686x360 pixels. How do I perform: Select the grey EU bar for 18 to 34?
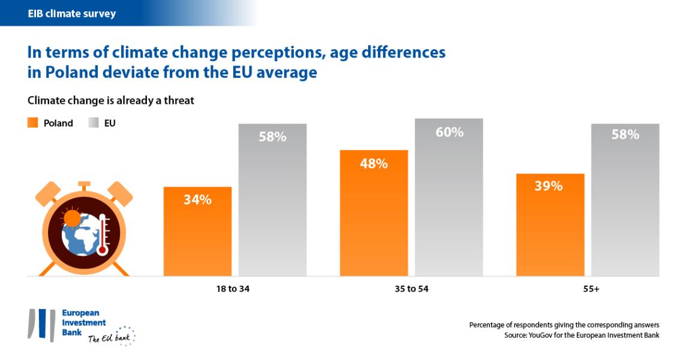(272, 204)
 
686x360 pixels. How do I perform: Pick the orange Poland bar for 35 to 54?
(374, 216)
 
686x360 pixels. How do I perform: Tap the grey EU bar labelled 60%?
(449, 198)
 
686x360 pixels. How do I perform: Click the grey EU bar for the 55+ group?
(625, 204)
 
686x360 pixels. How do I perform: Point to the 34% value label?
(197, 200)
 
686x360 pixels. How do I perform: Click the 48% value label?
(374, 163)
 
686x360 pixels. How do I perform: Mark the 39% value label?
(549, 186)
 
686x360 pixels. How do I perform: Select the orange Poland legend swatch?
(33, 123)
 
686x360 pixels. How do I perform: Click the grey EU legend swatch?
(94, 123)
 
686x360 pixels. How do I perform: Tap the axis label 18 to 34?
(233, 289)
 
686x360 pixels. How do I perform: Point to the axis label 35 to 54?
(411, 289)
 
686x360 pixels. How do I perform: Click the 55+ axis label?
(590, 289)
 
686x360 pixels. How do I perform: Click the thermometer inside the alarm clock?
(103, 235)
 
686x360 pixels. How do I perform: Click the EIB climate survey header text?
(72, 13)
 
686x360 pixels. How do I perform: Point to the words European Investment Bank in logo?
(84, 323)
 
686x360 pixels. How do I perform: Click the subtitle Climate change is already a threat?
(111, 101)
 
